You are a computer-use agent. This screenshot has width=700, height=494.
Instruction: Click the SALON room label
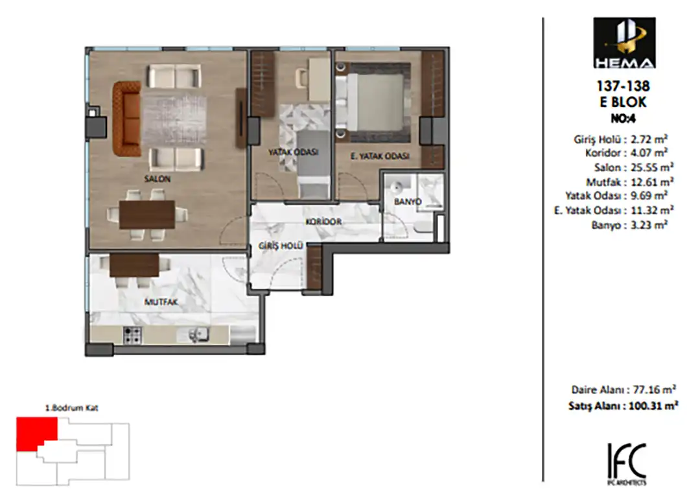click(x=157, y=179)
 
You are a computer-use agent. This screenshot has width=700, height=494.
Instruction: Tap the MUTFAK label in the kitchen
click(x=161, y=302)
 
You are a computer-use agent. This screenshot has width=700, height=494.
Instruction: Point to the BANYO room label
click(x=408, y=202)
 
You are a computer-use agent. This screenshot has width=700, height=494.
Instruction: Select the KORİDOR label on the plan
click(x=323, y=222)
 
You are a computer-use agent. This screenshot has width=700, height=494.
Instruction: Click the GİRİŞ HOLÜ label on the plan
click(x=281, y=246)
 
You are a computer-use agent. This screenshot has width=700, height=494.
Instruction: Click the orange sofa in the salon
click(x=127, y=119)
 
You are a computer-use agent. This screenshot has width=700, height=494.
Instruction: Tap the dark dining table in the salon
click(x=147, y=215)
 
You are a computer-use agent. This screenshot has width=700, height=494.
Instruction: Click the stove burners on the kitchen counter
click(x=132, y=335)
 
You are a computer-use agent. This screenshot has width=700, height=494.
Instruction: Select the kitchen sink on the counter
click(x=198, y=335)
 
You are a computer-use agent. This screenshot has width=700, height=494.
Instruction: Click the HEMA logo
click(x=624, y=43)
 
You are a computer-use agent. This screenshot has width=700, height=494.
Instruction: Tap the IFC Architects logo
click(x=627, y=464)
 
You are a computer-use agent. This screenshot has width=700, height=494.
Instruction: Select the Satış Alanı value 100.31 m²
click(x=653, y=406)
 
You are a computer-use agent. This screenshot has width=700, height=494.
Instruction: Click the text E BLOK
click(x=624, y=102)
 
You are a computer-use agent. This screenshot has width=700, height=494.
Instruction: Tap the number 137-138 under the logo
click(x=624, y=86)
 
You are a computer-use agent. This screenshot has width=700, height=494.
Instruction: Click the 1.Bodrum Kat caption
click(x=71, y=408)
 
